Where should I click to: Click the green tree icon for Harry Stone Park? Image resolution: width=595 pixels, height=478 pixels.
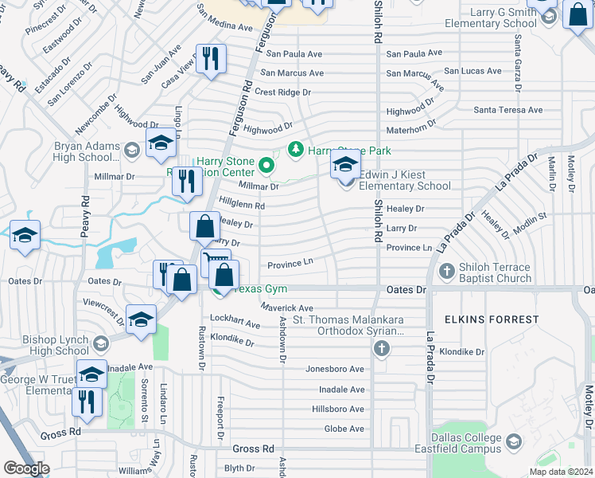pos(296,149)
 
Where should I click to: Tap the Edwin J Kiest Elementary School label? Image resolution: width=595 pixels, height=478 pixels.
pos(392,180)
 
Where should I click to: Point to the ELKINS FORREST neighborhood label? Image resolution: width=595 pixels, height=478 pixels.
pos(492,319)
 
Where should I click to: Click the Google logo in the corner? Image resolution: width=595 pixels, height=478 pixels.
pos(26,468)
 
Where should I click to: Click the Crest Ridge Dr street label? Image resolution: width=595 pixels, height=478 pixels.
pos(282,92)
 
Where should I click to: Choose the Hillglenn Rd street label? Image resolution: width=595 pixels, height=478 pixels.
pos(242,205)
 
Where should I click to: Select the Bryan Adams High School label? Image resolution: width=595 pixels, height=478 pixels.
pos(85,151)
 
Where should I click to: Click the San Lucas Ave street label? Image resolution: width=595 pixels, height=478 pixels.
pos(472,71)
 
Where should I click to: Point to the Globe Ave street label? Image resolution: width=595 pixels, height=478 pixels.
pos(344,429)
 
